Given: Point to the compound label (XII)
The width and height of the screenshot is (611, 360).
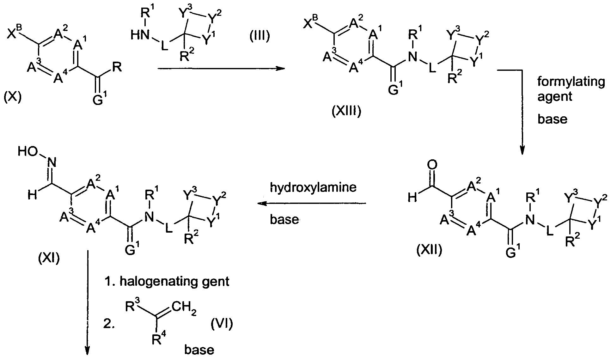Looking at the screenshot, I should pyautogui.click(x=429, y=250).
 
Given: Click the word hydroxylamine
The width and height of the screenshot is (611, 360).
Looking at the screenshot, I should pyautogui.click(x=313, y=187).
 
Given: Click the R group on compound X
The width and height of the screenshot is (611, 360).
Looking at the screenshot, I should pyautogui.click(x=117, y=68).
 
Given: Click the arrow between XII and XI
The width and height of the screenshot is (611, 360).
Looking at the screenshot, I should pyautogui.click(x=312, y=204).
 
